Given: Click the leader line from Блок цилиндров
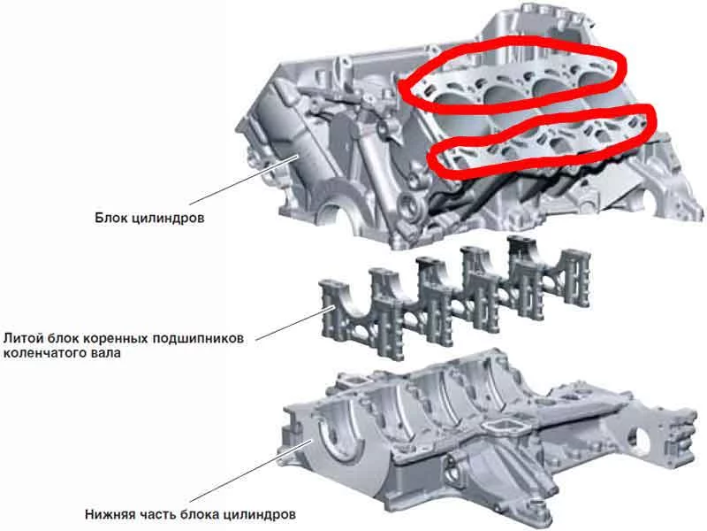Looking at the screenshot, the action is click(x=244, y=180).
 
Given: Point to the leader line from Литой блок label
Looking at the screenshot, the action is click(x=295, y=323).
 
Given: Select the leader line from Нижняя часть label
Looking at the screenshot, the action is click(x=251, y=471).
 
